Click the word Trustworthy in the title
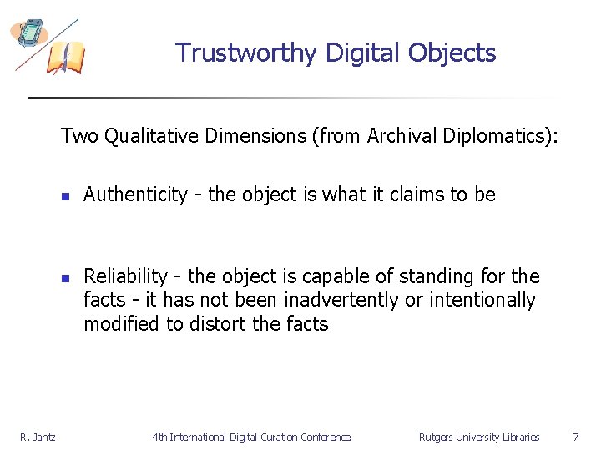coord(246,53)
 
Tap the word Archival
coord(398,136)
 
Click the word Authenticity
coord(135,195)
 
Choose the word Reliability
coord(125,276)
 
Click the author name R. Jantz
coord(38,438)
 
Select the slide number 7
coord(574,437)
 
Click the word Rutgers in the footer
coord(437,438)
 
